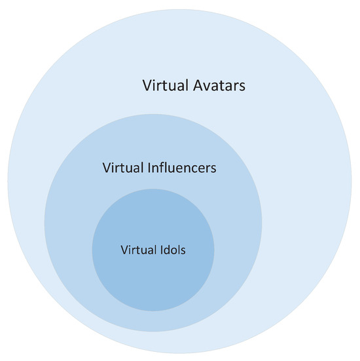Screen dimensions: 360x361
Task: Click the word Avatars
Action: [219, 85]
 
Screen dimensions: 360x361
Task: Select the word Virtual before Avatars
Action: [166, 85]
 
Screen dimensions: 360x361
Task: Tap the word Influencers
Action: [182, 167]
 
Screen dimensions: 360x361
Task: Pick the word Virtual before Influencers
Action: [123, 167]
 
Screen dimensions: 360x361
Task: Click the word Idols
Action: [173, 250]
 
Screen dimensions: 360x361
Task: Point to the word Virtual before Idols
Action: [139, 250]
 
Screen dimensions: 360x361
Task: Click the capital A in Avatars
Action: [198, 86]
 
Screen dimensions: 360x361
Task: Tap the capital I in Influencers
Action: [149, 168]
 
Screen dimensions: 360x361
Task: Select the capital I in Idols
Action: [161, 250]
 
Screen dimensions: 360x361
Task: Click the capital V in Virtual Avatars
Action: [148, 86]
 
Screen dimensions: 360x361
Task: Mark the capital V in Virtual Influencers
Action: [107, 168]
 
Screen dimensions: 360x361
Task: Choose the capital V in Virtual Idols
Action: [124, 250]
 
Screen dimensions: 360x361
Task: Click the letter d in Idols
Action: [168, 250]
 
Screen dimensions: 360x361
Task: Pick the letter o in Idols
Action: [175, 251]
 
